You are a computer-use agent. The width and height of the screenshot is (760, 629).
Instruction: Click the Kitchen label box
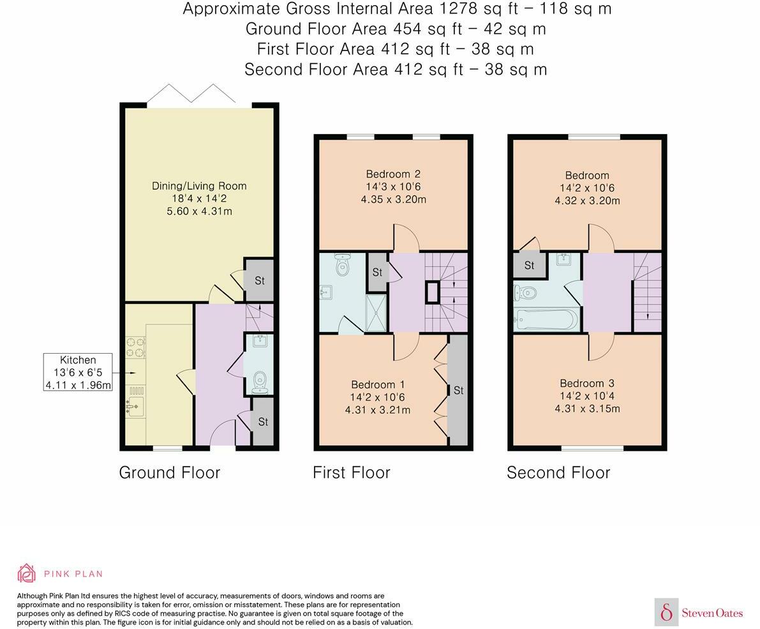pyautogui.click(x=78, y=372)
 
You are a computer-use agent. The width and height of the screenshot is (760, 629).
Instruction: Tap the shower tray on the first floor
pyautogui.click(x=376, y=314)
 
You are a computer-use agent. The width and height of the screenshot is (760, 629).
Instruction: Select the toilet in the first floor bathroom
pyautogui.click(x=343, y=264)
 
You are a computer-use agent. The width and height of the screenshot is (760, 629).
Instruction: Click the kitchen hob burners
pyautogui.click(x=135, y=347)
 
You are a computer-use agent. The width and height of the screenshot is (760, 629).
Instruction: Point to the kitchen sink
pyautogui.click(x=135, y=406)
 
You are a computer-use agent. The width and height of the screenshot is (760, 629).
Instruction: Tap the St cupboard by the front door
pyautogui.click(x=263, y=422)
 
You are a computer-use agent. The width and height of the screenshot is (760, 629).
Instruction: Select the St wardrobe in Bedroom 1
pyautogui.click(x=458, y=390)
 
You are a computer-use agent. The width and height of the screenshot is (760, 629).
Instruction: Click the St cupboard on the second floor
pyautogui.click(x=529, y=265)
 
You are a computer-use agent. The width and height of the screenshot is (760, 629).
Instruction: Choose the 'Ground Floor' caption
pyautogui.click(x=170, y=473)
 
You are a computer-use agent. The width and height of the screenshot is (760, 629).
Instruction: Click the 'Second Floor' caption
pyautogui.click(x=558, y=473)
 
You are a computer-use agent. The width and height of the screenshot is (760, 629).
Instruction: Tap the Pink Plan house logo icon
pyautogui.click(x=27, y=573)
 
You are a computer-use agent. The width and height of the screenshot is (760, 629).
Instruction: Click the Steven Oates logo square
pyautogui.click(x=666, y=612)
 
